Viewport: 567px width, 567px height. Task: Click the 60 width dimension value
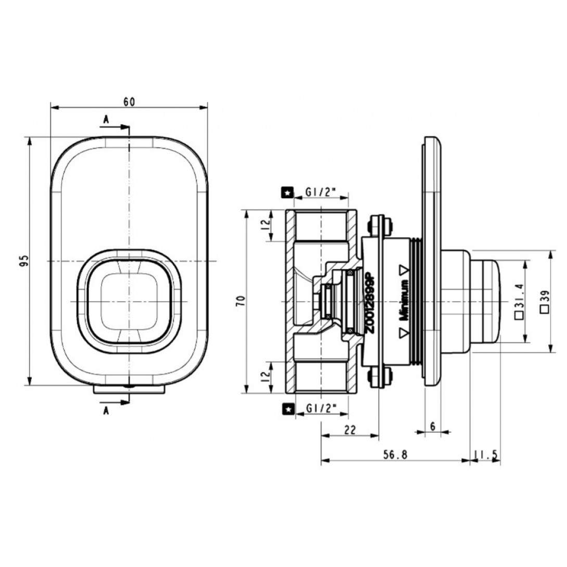[129, 102]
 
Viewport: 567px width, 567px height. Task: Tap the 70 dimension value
[240, 301]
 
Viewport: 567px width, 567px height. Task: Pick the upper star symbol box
[287, 192]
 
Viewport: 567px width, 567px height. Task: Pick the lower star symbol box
[287, 410]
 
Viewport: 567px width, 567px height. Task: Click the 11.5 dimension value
[486, 455]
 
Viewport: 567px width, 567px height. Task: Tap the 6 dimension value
[433, 426]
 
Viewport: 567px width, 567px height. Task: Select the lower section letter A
[106, 410]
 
